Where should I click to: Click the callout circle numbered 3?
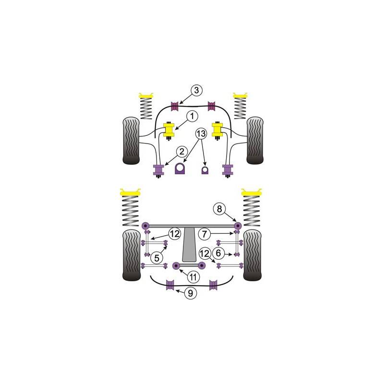pos(196,90)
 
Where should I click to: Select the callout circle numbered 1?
pos(192,116)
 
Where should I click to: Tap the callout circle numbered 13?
pos(201,134)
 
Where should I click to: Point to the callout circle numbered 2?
pos(182,152)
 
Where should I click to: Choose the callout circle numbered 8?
pos(219,209)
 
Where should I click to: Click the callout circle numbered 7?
pos(204,234)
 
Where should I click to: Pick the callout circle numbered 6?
pos(218,253)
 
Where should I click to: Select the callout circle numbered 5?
pos(157,258)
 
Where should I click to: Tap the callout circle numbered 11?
pos(193,277)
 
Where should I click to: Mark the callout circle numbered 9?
pos(190,293)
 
